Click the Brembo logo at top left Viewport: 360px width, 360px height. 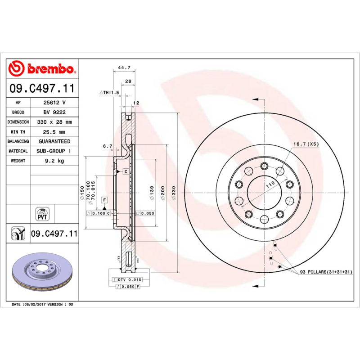pos(42,69)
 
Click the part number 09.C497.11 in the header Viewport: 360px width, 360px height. pos(42,88)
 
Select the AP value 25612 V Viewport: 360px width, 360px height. pos(54,103)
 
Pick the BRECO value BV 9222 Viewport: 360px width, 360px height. pos(54,112)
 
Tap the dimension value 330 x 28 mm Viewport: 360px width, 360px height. pos(54,122)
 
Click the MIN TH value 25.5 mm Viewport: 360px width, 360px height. pos(54,132)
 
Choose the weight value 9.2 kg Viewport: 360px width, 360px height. pos(54,161)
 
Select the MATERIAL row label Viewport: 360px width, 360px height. pos(18,151)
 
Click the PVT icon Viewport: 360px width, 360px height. pos(42,213)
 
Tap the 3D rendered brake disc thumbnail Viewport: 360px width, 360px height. pos(42,273)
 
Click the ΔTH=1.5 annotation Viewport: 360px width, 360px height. pos(109,92)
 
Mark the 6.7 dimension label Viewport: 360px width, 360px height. pos(108,146)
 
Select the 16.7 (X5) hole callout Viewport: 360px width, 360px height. pos(306,144)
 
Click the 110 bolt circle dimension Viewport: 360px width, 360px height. pos(270,185)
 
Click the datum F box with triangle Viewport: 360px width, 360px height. pos(104,200)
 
